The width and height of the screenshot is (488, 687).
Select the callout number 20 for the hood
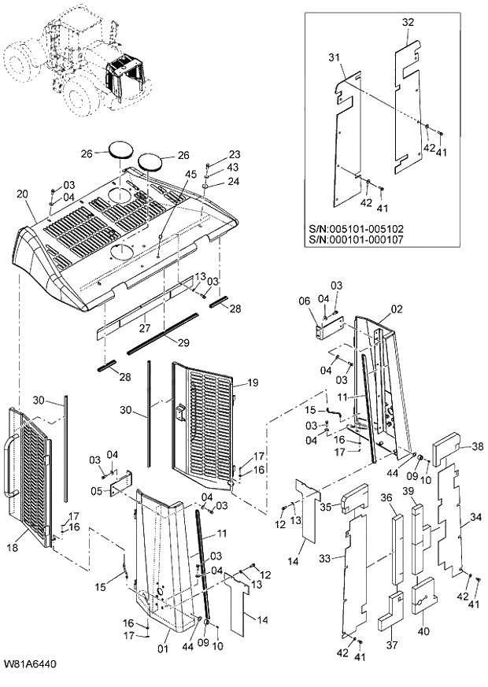pyautogui.click(x=21, y=194)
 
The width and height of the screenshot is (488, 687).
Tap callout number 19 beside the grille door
pyautogui.click(x=252, y=382)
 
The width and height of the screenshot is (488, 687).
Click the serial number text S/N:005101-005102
pyautogui.click(x=355, y=229)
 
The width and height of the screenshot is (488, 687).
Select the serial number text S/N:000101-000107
pyautogui.click(x=355, y=240)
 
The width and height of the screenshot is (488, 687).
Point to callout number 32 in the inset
pyautogui.click(x=407, y=23)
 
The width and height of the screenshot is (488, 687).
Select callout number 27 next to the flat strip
pyautogui.click(x=143, y=327)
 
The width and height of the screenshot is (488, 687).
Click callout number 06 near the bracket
pyautogui.click(x=304, y=300)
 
